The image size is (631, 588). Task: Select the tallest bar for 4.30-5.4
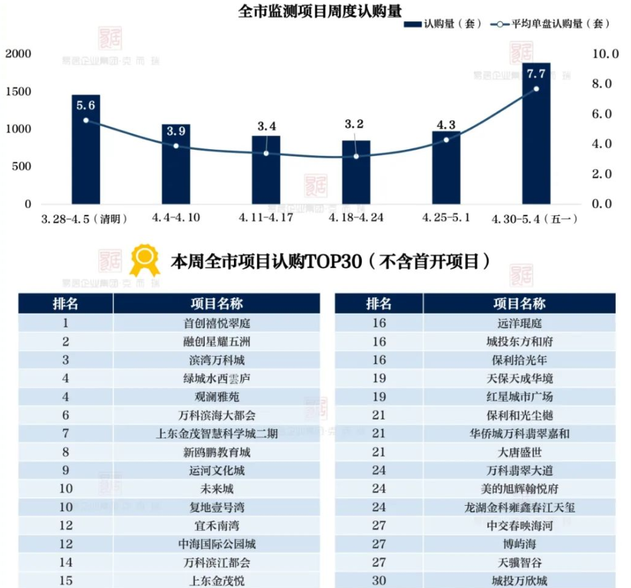click(x=536, y=133)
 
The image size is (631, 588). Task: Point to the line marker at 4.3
click(x=446, y=140)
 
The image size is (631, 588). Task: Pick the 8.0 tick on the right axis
click(x=606, y=84)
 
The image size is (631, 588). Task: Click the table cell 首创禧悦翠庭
click(x=217, y=323)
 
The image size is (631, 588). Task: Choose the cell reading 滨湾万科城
click(x=217, y=361)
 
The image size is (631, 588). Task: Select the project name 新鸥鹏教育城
click(x=217, y=453)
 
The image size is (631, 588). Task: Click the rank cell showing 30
click(x=378, y=581)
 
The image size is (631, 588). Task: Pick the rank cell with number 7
click(x=65, y=435)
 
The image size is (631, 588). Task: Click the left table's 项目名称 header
click(x=217, y=304)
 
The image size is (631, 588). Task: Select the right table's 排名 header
click(x=378, y=304)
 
